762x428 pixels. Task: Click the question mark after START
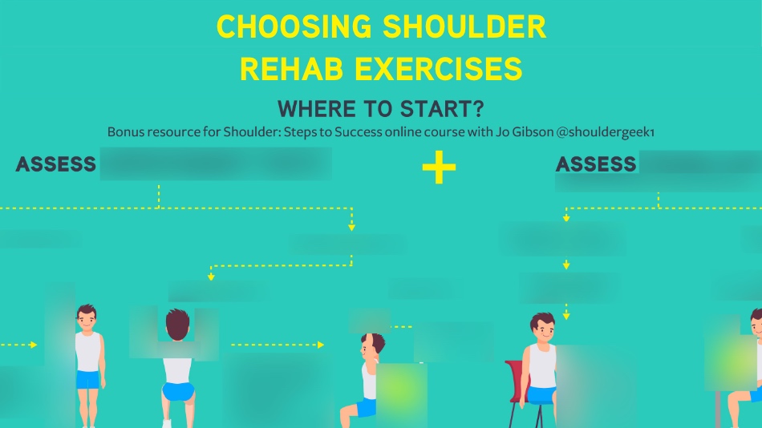coord(479,108)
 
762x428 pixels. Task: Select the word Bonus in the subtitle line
coord(124,131)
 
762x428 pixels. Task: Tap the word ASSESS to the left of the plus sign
coord(55,165)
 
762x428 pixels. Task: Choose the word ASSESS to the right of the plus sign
coord(595,164)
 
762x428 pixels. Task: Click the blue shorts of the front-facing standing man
coord(88,378)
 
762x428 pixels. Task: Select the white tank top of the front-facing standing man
coord(88,350)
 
